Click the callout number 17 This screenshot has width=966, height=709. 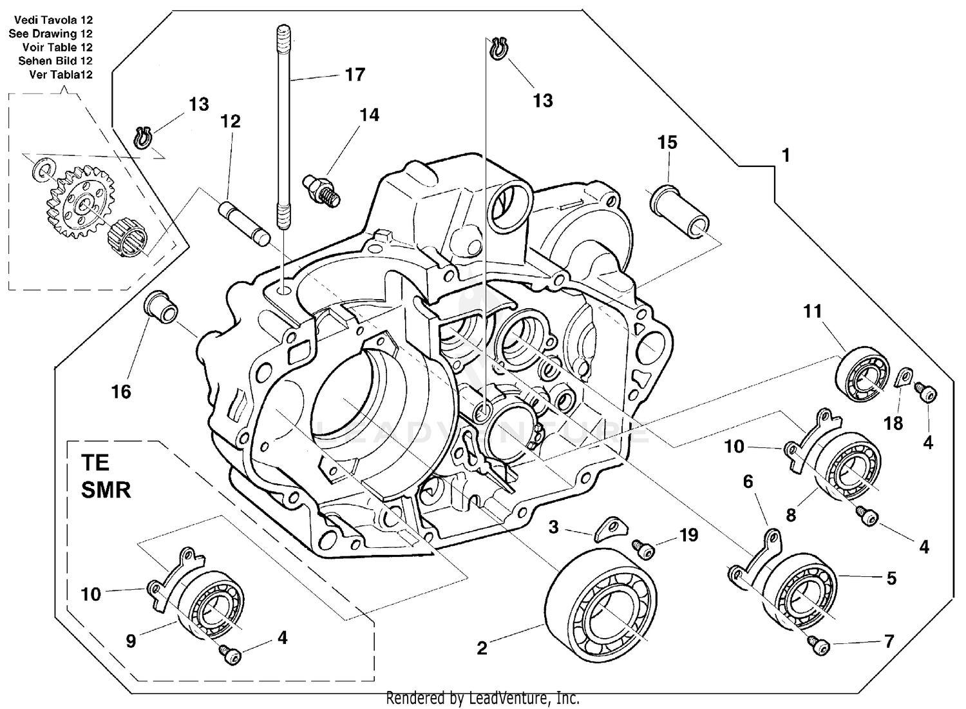tap(355, 75)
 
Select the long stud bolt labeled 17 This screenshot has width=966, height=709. tap(283, 129)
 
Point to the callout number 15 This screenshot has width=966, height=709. tap(667, 142)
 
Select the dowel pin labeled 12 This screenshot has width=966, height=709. tap(244, 223)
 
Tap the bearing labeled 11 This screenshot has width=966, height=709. tap(863, 374)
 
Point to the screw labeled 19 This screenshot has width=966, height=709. tap(643, 549)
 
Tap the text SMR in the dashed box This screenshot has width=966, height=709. tap(106, 489)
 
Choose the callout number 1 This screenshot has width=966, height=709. tap(785, 155)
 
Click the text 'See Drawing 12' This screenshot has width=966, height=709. tap(50, 34)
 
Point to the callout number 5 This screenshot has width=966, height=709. tap(891, 578)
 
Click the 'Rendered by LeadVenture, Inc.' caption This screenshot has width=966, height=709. tap(482, 698)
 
